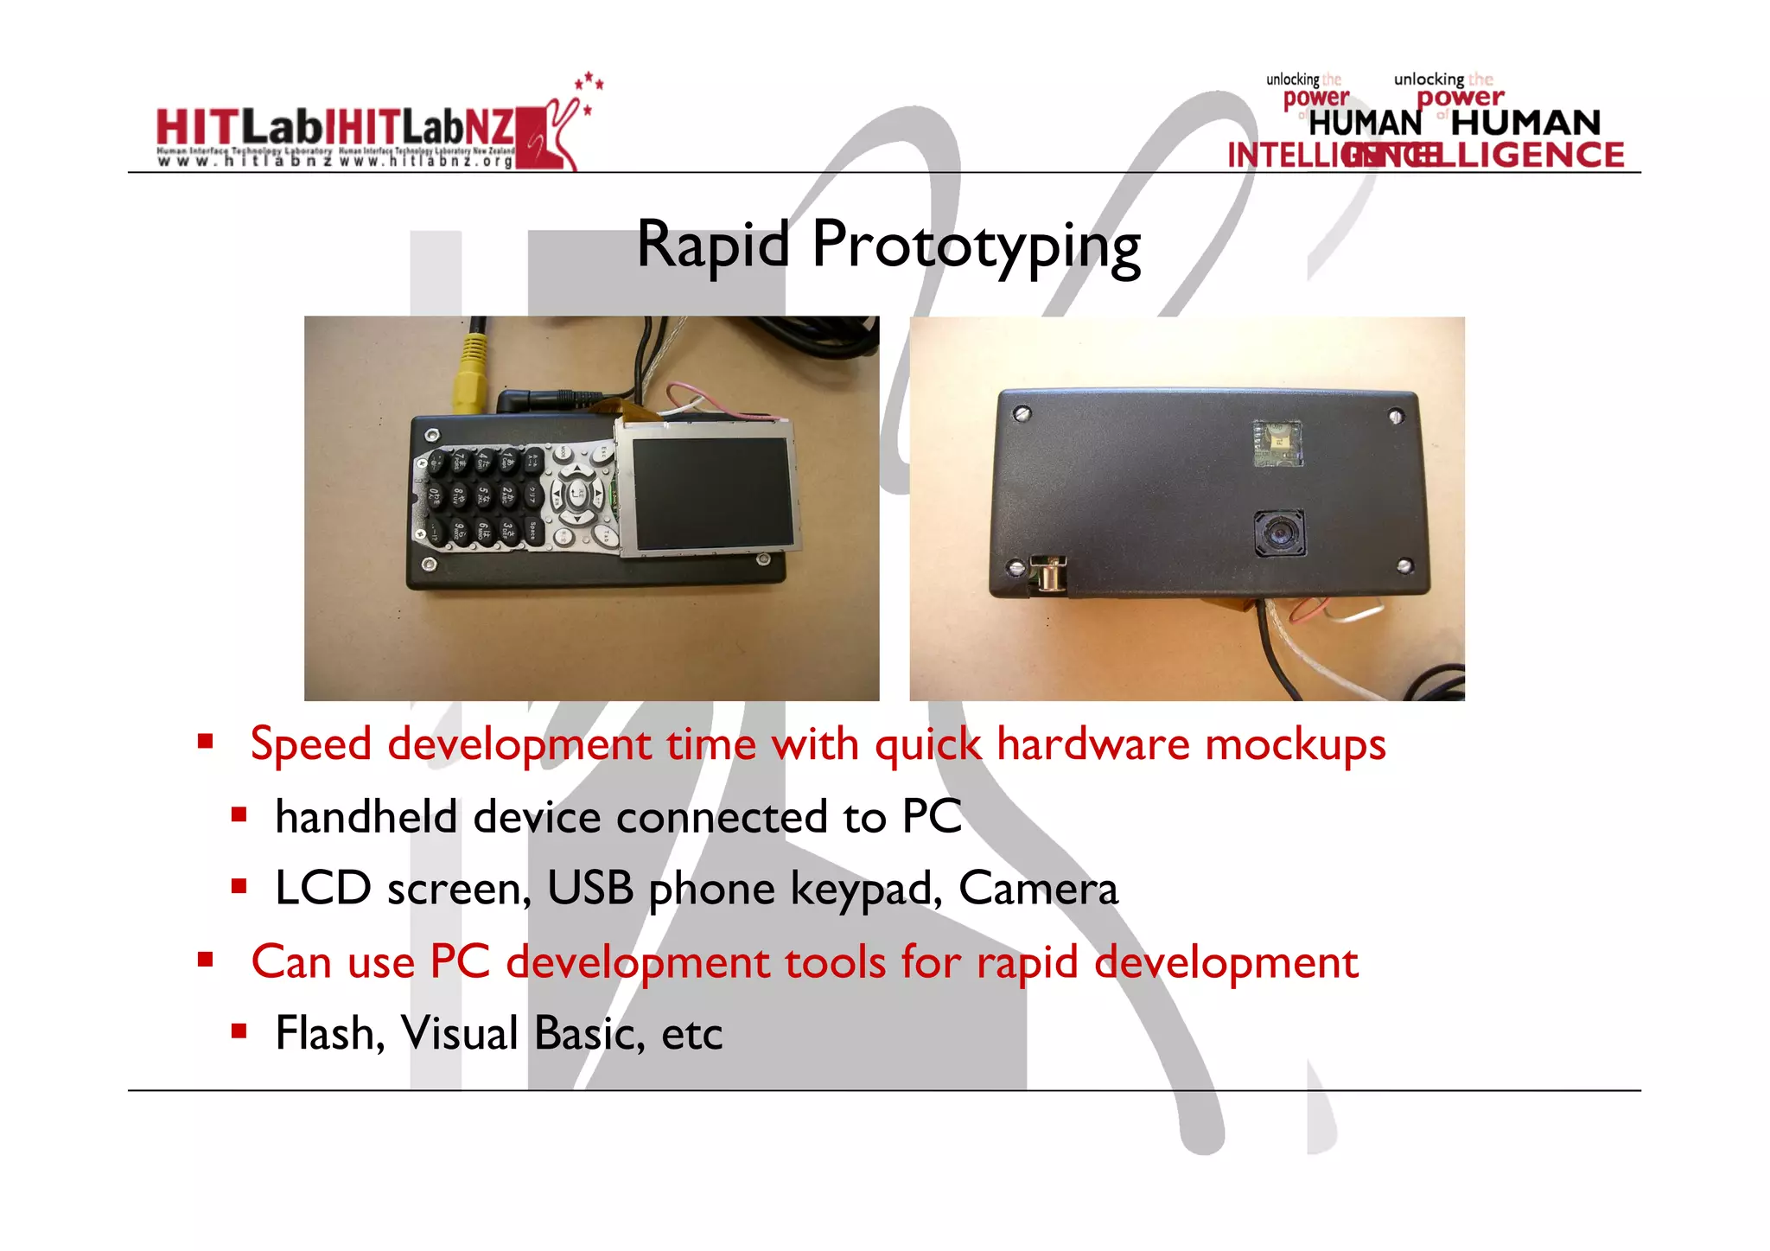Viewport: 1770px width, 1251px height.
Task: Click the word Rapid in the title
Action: point(712,245)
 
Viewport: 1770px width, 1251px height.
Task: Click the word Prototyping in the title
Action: point(977,248)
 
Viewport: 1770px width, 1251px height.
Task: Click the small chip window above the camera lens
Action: point(1277,443)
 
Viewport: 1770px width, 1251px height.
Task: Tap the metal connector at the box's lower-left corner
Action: point(1048,574)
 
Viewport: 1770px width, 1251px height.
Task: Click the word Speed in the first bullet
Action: point(311,744)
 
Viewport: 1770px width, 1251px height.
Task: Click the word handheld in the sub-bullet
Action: point(366,817)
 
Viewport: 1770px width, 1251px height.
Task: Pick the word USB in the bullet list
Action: point(590,889)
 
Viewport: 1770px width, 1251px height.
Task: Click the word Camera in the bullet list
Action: point(1037,889)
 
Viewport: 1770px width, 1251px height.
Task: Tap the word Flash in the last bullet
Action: point(329,1033)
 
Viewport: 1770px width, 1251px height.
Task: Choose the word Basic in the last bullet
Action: point(589,1033)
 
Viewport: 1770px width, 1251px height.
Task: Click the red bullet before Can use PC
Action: point(206,959)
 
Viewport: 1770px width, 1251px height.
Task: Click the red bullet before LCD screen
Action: point(239,885)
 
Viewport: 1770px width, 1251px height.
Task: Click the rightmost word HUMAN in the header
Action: point(1525,124)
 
